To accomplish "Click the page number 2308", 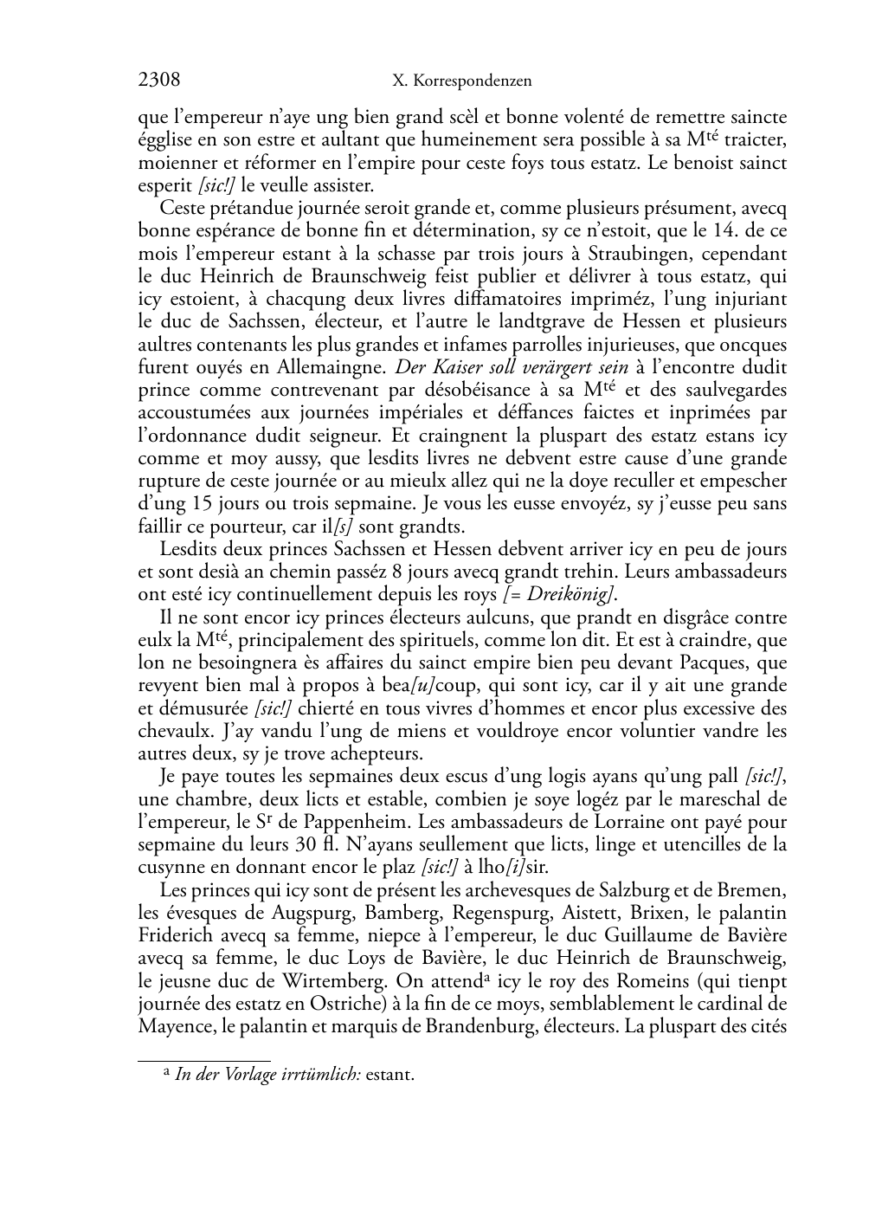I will (x=159, y=81).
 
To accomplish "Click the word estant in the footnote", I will (x=390, y=1076).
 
